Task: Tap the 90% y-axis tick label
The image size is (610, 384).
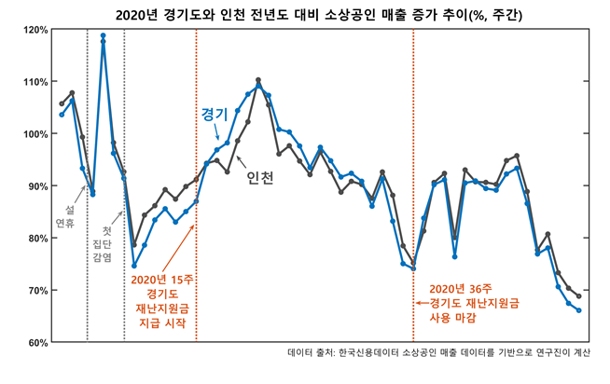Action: click(x=37, y=186)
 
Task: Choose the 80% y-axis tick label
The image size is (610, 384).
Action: click(x=37, y=239)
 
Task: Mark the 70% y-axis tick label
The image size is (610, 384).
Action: click(x=37, y=291)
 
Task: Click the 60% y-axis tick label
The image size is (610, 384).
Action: click(x=37, y=343)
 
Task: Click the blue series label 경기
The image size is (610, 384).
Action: click(x=215, y=113)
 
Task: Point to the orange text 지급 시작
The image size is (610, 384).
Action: click(x=163, y=323)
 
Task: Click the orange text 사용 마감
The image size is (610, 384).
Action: click(x=451, y=318)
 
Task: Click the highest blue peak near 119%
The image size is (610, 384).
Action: click(x=103, y=35)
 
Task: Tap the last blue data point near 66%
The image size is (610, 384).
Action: click(x=578, y=310)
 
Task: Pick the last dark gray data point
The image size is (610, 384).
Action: click(x=578, y=296)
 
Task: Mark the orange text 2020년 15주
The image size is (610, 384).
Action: click(x=163, y=279)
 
